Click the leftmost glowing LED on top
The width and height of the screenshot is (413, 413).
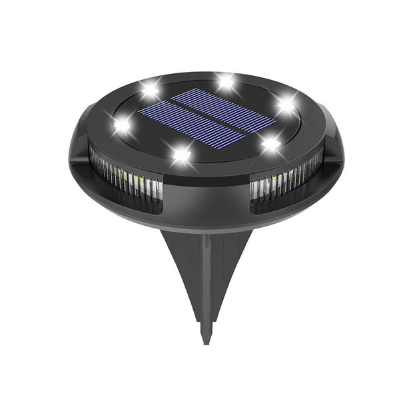122,125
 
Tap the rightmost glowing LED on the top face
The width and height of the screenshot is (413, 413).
286,105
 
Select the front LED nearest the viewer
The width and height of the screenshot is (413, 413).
181,155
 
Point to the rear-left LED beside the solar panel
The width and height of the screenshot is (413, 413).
151,89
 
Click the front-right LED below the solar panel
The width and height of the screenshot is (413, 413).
270,143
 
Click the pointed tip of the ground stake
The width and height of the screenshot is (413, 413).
206,340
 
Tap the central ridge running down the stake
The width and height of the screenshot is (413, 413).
206,280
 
